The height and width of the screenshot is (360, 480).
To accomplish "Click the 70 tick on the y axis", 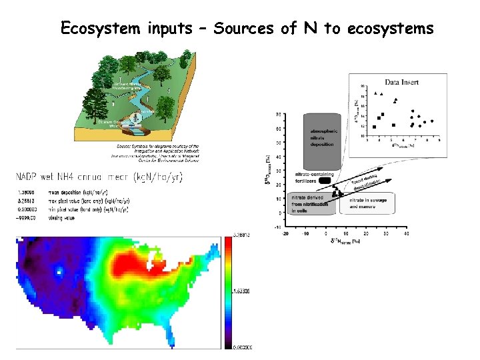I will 277,114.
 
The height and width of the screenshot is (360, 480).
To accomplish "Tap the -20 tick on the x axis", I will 285,234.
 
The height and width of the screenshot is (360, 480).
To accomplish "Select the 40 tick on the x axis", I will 407,234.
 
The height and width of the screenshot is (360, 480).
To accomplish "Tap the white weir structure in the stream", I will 136,119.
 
